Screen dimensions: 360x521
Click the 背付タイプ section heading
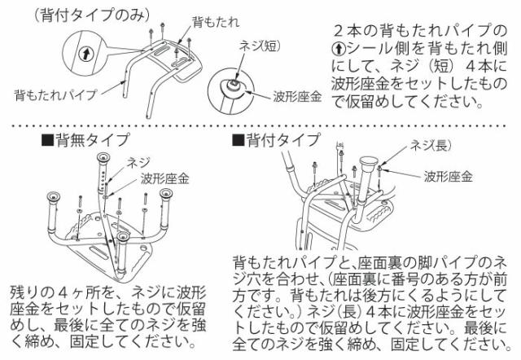click(x=281, y=140)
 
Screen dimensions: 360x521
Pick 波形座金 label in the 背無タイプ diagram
click(x=164, y=178)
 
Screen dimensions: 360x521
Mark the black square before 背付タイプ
click(x=237, y=140)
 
